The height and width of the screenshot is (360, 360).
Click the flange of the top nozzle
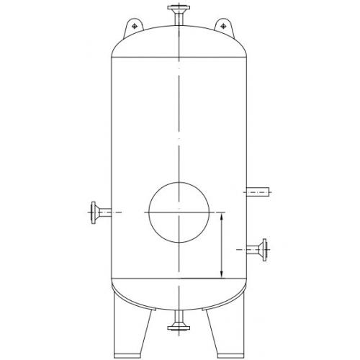coord(177,9)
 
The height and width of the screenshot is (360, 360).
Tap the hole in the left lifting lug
coord(134,27)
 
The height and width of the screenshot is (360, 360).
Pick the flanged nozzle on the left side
coord(101,212)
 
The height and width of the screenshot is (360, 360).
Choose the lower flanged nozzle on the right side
coord(258,249)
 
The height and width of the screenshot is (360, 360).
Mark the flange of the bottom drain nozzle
coord(177,329)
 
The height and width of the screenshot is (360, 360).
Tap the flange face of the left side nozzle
coord(93,212)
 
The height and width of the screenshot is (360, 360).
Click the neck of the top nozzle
coord(177,19)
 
